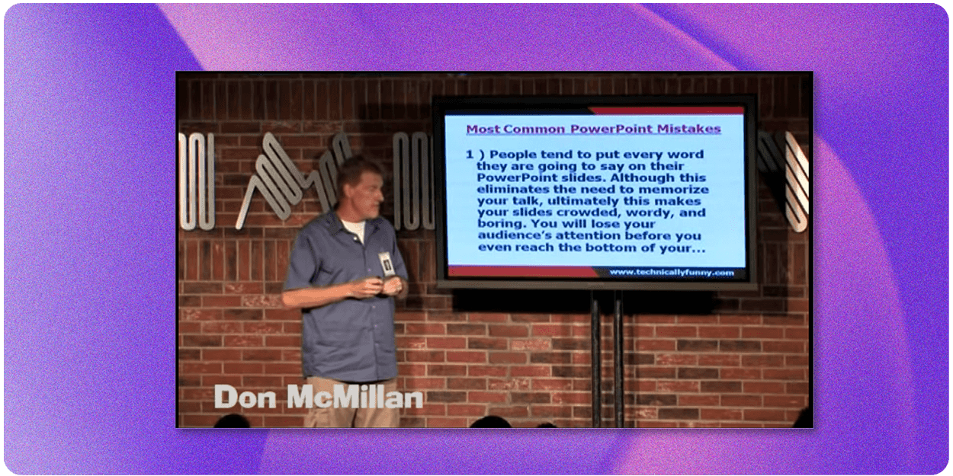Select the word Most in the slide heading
pos(482,129)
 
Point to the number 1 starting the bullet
pos(470,154)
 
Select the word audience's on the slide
pos(511,237)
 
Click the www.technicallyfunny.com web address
pos(672,272)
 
